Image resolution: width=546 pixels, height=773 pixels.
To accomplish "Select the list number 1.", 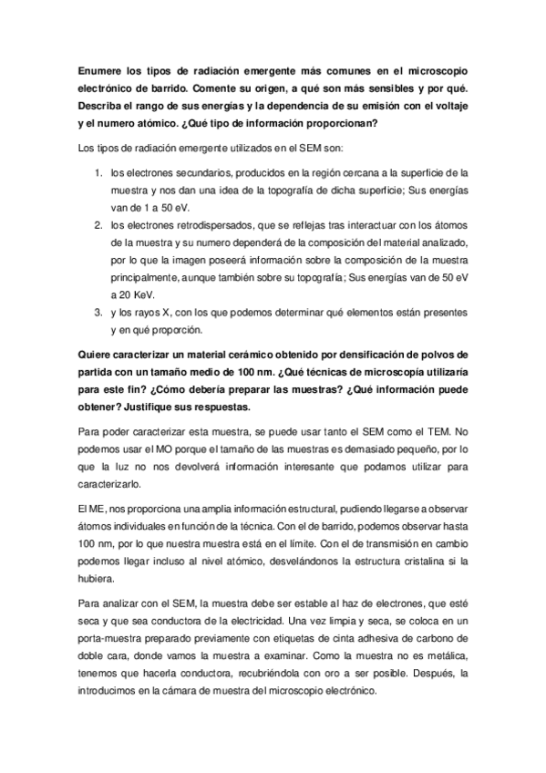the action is pyautogui.click(x=98, y=171).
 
